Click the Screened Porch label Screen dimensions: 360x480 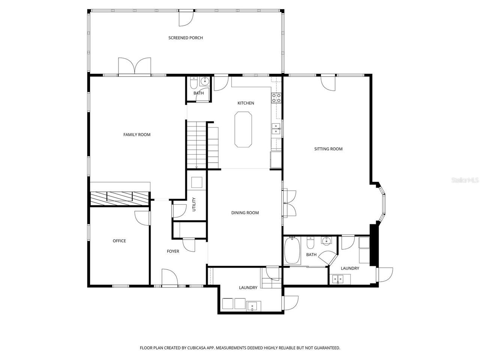click(186, 38)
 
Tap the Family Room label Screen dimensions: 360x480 click(137, 135)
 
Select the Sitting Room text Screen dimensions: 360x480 click(328, 149)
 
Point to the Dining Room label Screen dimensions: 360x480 click(245, 213)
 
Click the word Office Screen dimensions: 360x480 click(119, 241)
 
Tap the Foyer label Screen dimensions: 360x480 click(173, 251)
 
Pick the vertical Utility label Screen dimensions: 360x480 click(194, 204)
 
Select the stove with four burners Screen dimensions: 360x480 click(276, 98)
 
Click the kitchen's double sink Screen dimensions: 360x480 click(276, 129)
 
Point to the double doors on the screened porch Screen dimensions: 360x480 click(135, 66)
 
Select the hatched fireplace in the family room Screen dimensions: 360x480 click(119, 198)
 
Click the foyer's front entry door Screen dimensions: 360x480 click(169, 277)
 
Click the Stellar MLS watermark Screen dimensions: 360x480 click(465, 180)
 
